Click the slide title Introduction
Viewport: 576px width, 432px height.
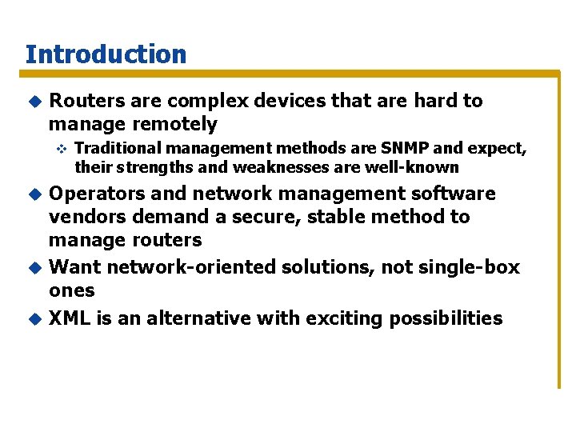pos(106,54)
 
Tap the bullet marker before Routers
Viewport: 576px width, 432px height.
pos(34,101)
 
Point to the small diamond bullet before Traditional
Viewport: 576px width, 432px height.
pos(59,148)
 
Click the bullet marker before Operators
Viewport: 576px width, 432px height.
pos(34,194)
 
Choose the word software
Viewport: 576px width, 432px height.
pos(453,194)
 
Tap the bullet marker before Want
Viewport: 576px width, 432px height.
pos(34,267)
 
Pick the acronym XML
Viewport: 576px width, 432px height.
pos(70,318)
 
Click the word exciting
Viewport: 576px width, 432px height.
pos(345,318)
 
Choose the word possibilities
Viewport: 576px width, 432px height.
pos(446,318)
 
